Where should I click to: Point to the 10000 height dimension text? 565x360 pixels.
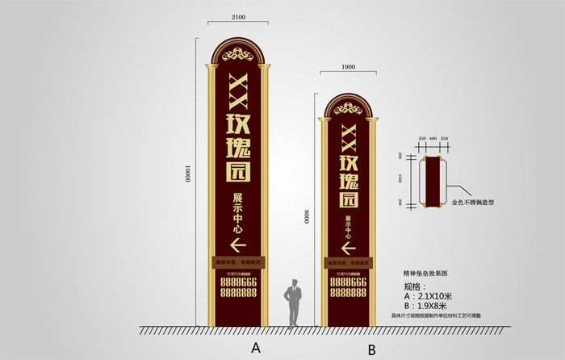point(187,174)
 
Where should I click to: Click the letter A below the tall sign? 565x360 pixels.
point(256,348)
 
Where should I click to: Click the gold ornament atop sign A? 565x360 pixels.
point(240,56)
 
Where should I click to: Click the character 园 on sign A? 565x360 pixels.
point(239,170)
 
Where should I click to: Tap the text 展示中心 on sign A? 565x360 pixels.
point(238,212)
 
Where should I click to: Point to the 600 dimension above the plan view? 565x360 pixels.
point(434,139)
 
